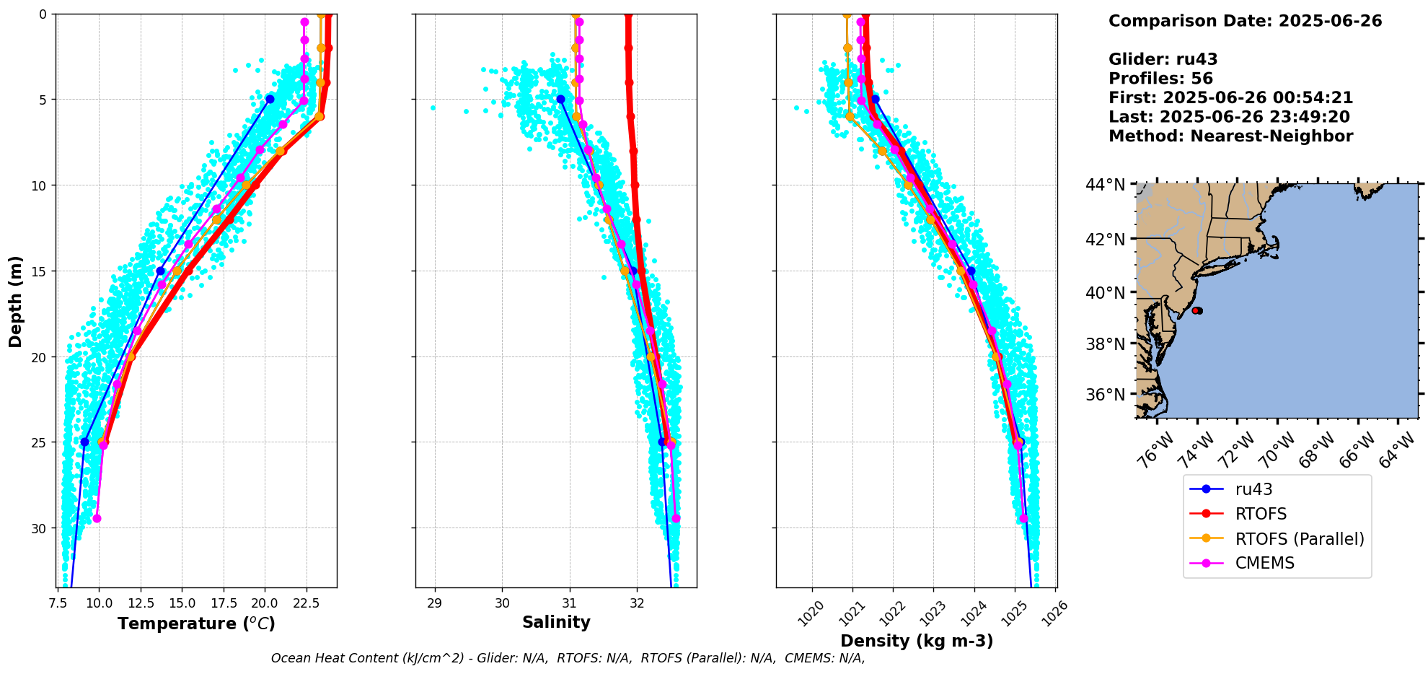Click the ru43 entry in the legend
(x=1253, y=489)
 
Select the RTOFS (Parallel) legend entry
(x=1300, y=539)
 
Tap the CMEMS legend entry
(x=1264, y=563)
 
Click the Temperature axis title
(x=196, y=623)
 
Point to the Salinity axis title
(x=556, y=622)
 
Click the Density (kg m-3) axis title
(x=917, y=641)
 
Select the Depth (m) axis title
(x=16, y=301)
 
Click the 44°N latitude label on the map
(x=1105, y=185)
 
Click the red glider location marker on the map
(x=1197, y=310)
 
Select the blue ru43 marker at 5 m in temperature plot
(x=270, y=99)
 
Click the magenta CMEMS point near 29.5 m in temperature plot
(x=97, y=518)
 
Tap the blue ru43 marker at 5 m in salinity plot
(x=560, y=99)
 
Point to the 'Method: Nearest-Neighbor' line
(x=1230, y=136)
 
